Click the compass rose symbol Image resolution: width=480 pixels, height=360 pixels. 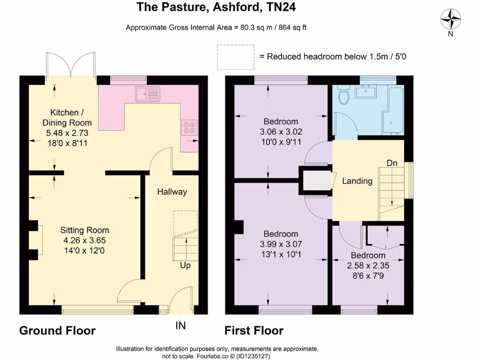[450, 19]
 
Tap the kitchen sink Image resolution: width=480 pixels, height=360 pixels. [148, 94]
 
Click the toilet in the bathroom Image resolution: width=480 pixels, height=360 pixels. [344, 96]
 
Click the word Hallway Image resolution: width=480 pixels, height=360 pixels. [172, 192]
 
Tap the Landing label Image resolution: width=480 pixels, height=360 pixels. [357, 181]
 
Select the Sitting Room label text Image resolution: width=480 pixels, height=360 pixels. [84, 230]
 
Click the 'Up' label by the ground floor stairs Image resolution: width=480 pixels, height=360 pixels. [186, 265]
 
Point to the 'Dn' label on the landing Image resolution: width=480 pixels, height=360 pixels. [392, 163]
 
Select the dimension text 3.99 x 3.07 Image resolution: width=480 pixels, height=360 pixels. [281, 244]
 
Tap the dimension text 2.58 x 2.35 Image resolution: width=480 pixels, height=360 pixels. [368, 265]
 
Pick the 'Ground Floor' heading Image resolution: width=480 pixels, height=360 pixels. [57, 331]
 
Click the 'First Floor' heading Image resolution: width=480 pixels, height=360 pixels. [254, 331]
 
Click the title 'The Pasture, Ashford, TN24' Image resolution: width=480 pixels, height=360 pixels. [216, 7]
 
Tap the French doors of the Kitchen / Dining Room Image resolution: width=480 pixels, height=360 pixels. [71, 66]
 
